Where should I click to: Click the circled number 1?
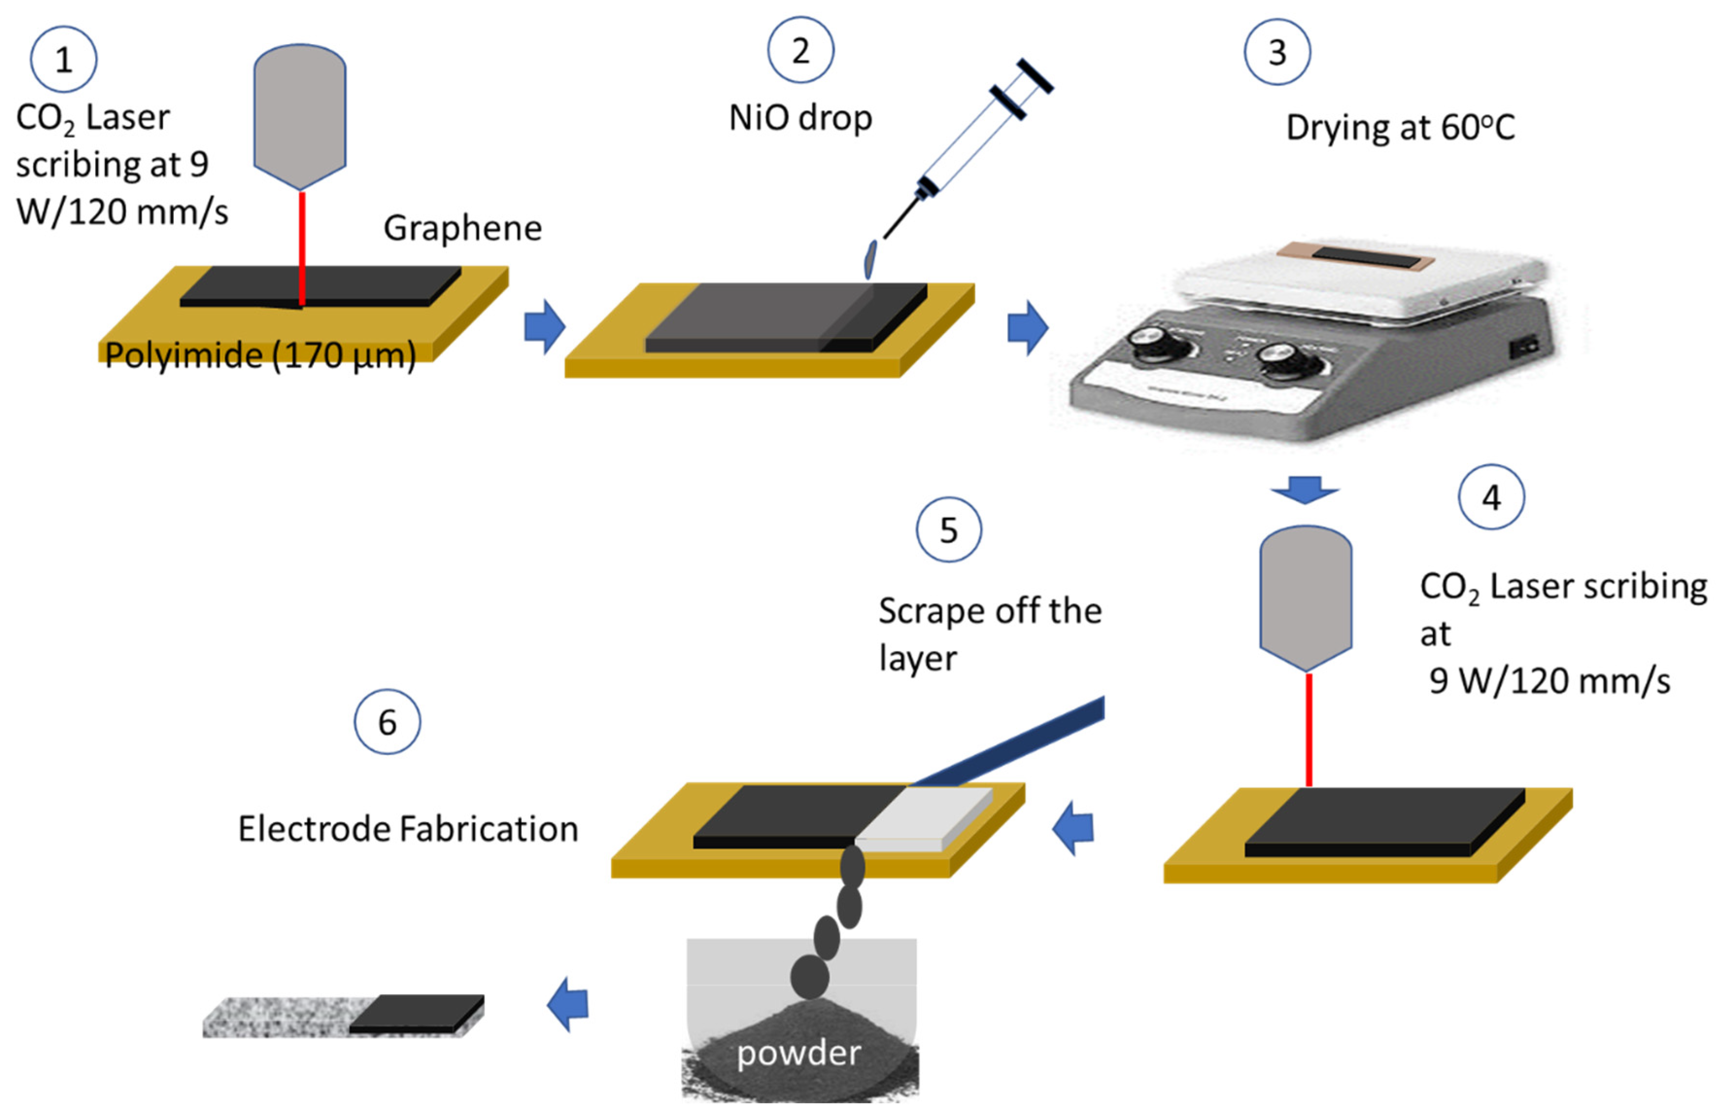click(x=64, y=59)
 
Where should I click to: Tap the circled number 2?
click(x=800, y=51)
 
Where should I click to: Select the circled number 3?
click(x=1277, y=52)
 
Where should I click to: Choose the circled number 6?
click(x=388, y=722)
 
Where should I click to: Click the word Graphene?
click(x=462, y=228)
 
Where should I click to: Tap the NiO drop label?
click(x=800, y=118)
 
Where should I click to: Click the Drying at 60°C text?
click(x=1400, y=128)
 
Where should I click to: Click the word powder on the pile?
click(x=799, y=1052)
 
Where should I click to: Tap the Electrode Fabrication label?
click(x=408, y=829)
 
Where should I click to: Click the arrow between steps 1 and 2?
click(x=544, y=327)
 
